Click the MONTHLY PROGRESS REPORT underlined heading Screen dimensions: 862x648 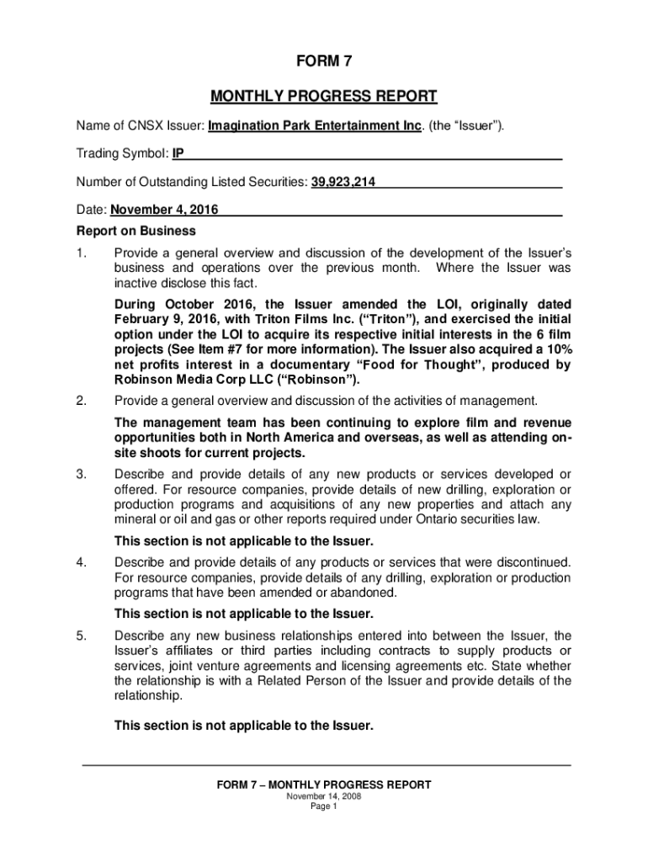323,96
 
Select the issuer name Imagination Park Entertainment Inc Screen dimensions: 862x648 314,126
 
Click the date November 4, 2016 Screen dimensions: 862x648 164,210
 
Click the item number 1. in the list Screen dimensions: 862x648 81,253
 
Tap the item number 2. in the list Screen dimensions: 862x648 81,400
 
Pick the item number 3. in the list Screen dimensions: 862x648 81,475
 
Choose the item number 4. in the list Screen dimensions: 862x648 81,561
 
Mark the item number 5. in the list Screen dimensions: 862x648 81,636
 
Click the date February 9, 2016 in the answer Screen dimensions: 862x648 166,319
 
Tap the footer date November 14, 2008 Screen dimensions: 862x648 323,796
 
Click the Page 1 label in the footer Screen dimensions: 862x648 323,806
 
